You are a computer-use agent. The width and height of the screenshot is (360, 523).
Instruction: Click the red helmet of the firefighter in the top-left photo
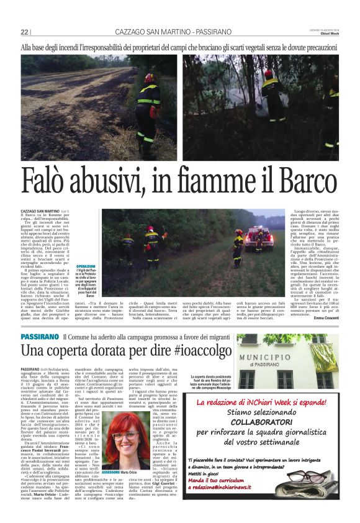click(x=149, y=78)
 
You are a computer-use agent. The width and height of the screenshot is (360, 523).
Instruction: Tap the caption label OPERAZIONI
click(x=86, y=266)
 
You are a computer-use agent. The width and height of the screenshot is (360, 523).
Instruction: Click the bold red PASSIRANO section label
click(x=40, y=336)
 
